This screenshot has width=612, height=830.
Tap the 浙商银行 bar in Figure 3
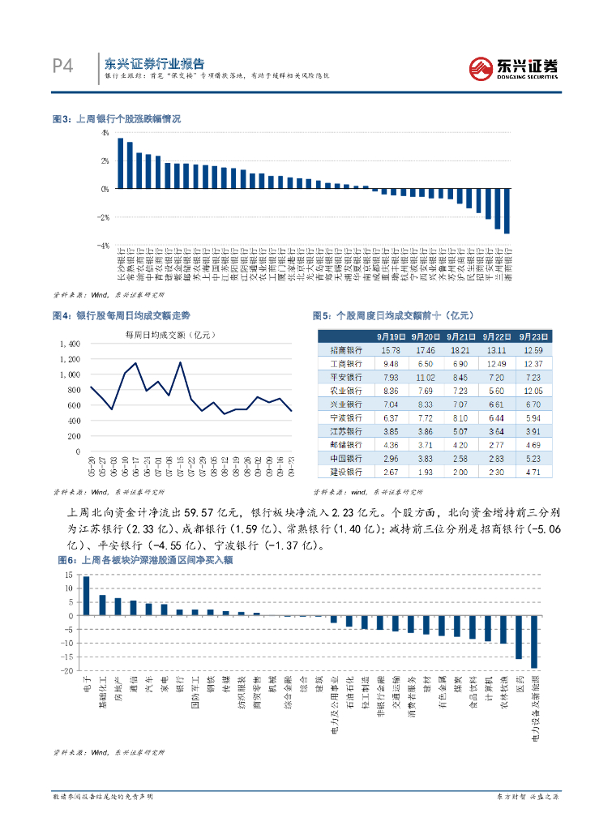(x=507, y=211)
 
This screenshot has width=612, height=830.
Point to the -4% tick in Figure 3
(x=104, y=245)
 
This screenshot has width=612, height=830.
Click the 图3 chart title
(x=116, y=118)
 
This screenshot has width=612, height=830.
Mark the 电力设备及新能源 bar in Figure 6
(x=534, y=642)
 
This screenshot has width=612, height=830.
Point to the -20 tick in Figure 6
(x=66, y=671)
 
